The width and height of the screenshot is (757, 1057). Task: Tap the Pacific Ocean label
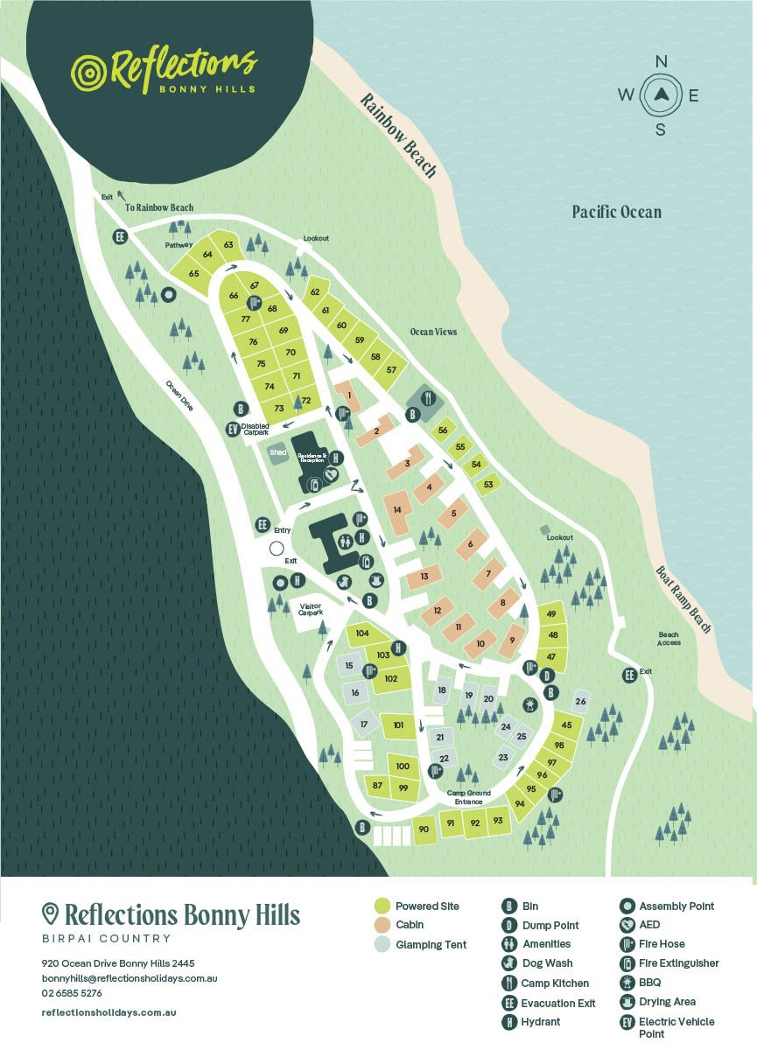616,212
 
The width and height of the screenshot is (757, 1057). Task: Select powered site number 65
193,273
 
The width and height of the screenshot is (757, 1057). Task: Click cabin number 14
397,509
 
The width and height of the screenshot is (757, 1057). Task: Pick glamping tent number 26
580,701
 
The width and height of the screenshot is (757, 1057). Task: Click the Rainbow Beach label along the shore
397,136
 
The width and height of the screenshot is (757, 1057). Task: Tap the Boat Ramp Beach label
683,599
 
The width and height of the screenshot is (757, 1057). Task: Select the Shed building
278,452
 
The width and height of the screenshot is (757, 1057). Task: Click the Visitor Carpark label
311,608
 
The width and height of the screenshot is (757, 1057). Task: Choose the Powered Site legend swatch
381,906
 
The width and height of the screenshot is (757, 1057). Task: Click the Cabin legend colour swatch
381,925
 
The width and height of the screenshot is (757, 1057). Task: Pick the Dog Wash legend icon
509,963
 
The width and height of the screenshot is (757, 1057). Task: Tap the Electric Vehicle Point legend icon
627,1022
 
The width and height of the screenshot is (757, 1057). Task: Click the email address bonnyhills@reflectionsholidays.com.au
129,977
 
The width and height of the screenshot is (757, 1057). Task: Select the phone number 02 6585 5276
72,993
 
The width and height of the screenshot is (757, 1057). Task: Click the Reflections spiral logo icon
88,70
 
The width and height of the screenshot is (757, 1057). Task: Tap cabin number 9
512,640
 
